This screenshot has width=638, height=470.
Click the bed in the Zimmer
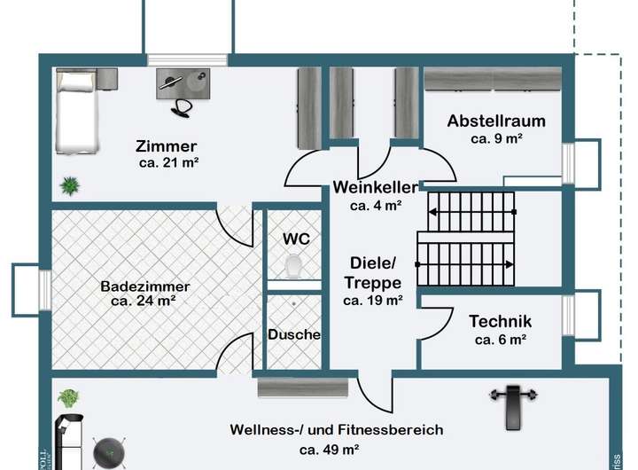[x=74, y=114]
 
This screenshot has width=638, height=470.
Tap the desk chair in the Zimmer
[x=183, y=106]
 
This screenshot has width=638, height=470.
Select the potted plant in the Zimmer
[x=69, y=185]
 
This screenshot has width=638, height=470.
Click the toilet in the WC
[x=292, y=265]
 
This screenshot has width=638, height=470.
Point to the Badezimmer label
[x=144, y=286]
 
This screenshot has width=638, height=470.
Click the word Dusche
[x=294, y=335]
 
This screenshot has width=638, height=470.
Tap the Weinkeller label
[x=376, y=187]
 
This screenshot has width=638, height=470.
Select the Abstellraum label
[x=495, y=121]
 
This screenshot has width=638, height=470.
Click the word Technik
[x=500, y=322]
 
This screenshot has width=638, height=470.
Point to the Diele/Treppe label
[x=373, y=272]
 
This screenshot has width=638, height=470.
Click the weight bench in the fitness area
[x=509, y=403]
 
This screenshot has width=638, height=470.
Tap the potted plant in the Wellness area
[x=69, y=397]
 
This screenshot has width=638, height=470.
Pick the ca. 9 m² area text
[x=496, y=139]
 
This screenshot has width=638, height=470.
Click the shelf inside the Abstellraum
[x=493, y=80]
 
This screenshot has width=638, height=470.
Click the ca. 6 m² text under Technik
[x=501, y=340]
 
